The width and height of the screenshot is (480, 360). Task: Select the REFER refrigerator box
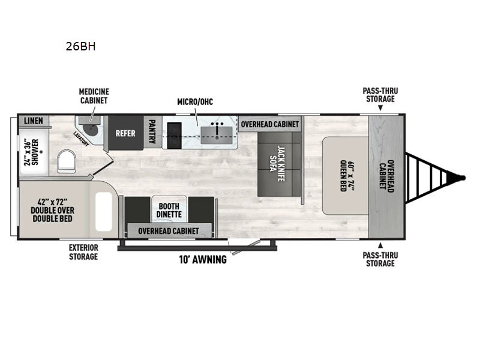click(125, 133)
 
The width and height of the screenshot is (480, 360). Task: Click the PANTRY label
click(152, 132)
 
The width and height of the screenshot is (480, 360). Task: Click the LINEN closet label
click(33, 121)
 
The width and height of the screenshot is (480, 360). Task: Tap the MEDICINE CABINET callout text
click(94, 96)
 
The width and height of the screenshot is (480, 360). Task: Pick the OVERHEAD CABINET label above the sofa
click(270, 124)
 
